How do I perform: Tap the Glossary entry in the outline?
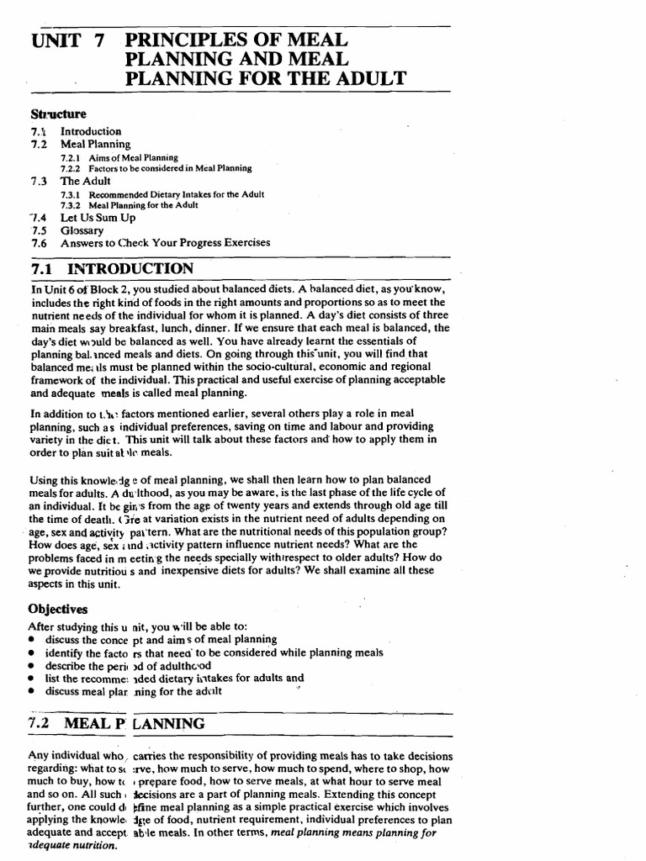click(x=82, y=230)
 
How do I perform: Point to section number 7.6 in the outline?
click(x=38, y=243)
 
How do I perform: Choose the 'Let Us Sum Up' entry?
click(x=98, y=217)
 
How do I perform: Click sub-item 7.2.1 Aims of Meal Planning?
click(x=119, y=157)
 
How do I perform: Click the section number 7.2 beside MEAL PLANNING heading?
click(x=41, y=723)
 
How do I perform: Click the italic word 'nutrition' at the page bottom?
click(x=77, y=846)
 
